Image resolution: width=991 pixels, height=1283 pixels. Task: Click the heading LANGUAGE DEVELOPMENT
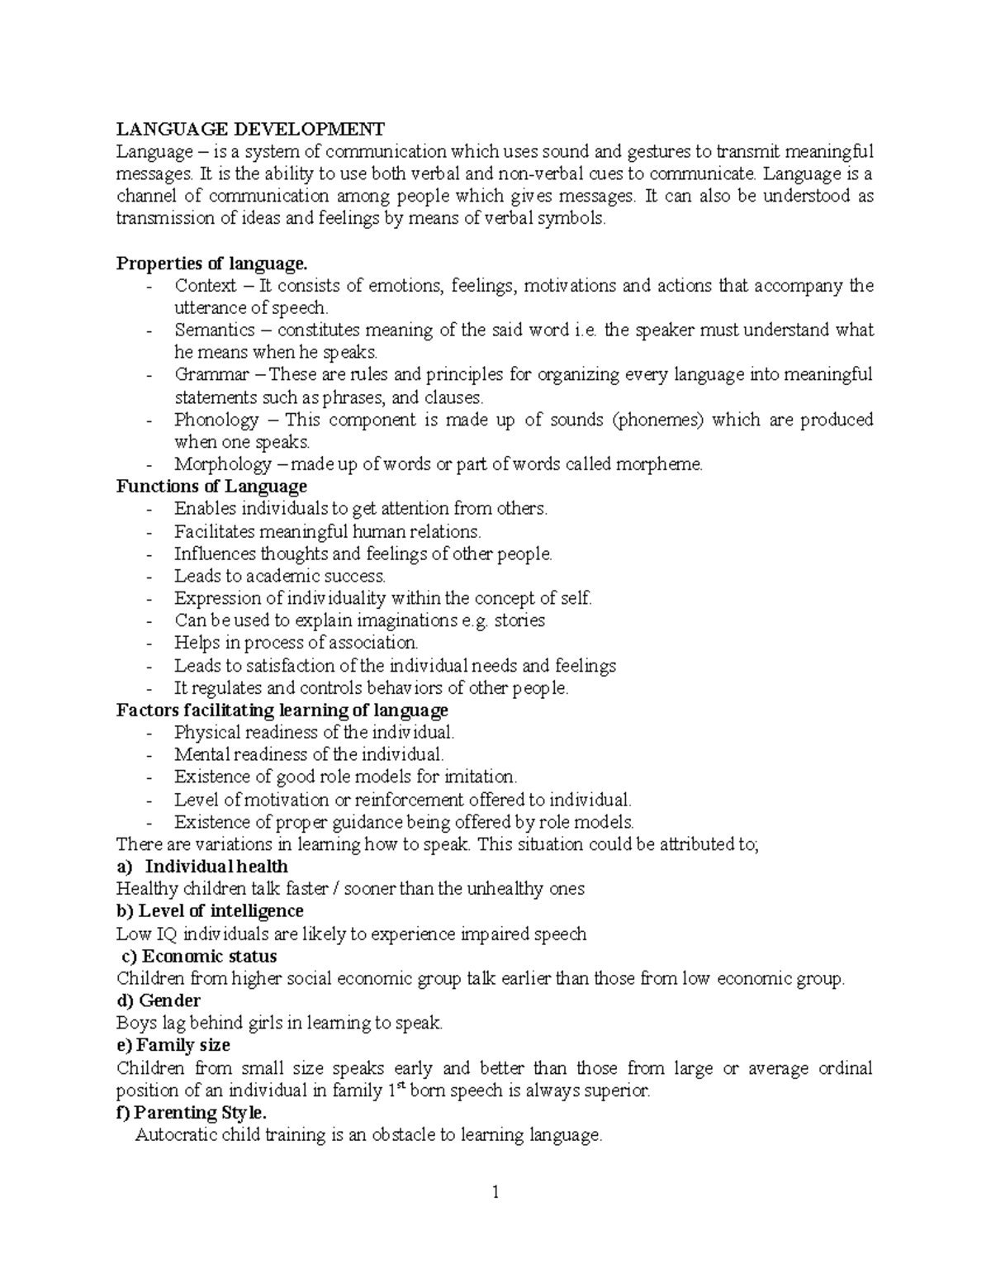(249, 129)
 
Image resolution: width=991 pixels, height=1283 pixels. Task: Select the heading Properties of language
(211, 264)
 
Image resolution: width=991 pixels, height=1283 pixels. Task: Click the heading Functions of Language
(211, 487)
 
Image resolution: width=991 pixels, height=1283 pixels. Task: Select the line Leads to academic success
(280, 576)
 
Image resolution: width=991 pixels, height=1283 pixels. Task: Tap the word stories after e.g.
(519, 620)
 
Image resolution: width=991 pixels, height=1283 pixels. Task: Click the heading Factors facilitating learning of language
(282, 710)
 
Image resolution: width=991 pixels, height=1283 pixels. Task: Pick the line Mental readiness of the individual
(309, 754)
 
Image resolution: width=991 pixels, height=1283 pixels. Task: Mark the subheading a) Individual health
(202, 867)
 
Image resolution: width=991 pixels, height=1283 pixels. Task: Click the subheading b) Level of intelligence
(210, 911)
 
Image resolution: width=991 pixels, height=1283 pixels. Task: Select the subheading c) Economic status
(199, 957)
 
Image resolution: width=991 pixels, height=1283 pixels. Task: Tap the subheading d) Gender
(159, 1001)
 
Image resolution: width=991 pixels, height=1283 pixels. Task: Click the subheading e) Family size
(173, 1046)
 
